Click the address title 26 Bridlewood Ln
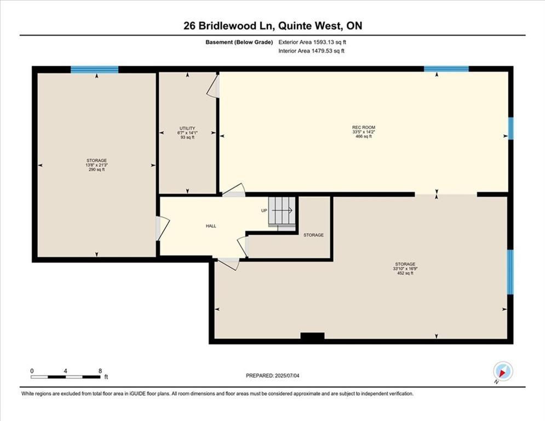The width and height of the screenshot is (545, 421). pos(272,26)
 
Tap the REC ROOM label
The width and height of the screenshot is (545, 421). pos(363,132)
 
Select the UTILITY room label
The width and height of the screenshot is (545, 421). pos(187,132)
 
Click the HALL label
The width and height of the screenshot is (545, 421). pos(211,226)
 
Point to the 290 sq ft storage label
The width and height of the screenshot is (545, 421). pos(96,165)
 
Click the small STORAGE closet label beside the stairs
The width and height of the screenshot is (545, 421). pos(313,235)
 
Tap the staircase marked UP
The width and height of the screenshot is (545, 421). pos(282,211)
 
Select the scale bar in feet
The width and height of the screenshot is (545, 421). pos(66,377)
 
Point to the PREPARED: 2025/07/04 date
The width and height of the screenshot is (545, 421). pos(273,376)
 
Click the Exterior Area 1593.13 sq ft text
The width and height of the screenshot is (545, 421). pos(312,42)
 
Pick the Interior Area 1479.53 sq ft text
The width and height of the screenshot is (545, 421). pos(312,51)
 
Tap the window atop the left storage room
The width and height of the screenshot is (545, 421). pos(95,69)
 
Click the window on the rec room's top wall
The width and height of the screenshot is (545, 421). pos(446,69)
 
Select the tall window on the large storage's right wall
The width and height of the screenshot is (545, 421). pos(510,272)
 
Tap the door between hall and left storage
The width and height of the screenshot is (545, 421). pos(162,228)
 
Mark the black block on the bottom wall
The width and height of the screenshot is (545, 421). pos(312,337)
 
